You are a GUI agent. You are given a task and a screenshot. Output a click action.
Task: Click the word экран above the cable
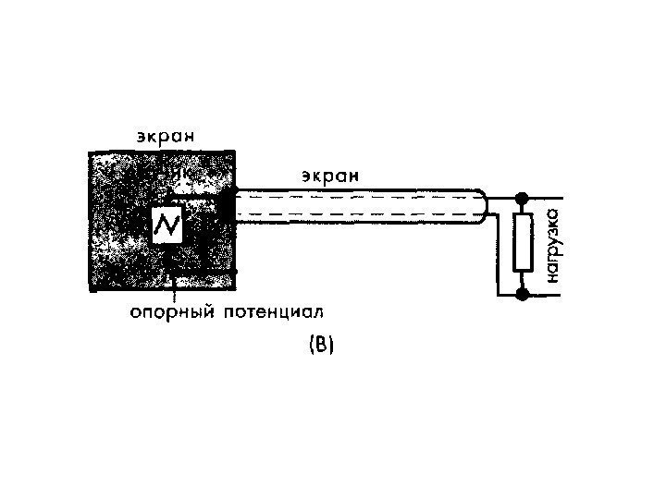tap(330, 174)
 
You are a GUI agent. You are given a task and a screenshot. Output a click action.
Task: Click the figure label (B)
tap(320, 347)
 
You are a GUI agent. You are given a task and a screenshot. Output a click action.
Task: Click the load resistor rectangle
tap(523, 242)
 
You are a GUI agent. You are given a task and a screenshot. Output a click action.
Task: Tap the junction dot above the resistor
tap(523, 198)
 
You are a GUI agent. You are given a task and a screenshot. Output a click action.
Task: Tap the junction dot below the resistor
tap(523, 295)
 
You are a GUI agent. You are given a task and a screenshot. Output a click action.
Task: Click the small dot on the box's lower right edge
tap(236, 271)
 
